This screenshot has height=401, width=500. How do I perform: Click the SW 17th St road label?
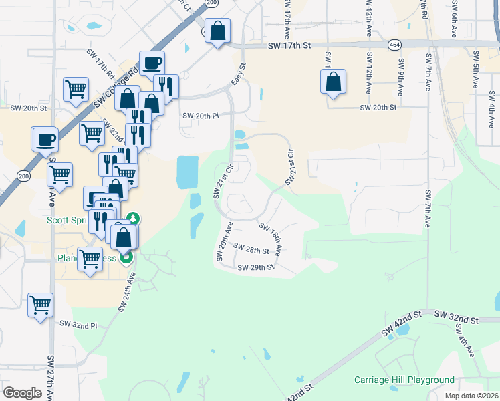click(290, 46)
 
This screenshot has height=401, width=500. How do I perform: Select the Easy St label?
click(239, 74)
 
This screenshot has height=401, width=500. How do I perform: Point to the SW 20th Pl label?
click(201, 115)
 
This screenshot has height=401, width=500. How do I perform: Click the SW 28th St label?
click(251, 251)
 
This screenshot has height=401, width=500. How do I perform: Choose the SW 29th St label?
click(256, 267)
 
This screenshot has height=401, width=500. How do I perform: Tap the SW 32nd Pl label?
click(78, 324)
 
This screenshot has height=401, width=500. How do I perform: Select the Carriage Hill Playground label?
click(404, 380)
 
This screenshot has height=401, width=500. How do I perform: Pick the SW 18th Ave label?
click(270, 239)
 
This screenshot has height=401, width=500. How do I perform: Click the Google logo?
click(22, 393)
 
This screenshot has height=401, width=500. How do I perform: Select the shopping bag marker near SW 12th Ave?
click(333, 82)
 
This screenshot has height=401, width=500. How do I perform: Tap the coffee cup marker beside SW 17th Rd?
click(152, 63)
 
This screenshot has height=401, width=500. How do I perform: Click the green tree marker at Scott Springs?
click(134, 218)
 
